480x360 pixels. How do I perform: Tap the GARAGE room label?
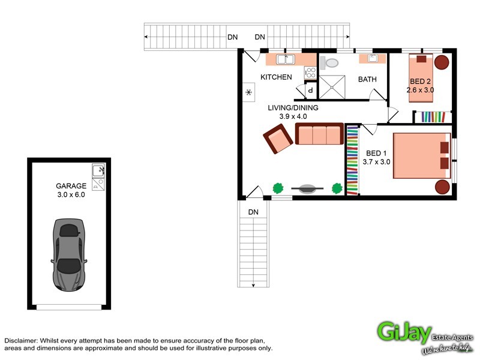click(71, 186)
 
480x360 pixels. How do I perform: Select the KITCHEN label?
click(276, 77)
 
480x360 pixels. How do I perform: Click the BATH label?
click(367, 79)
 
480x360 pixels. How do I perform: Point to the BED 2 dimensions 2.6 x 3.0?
click(420, 90)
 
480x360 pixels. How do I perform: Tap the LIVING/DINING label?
click(293, 108)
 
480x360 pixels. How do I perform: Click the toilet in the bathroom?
click(329, 62)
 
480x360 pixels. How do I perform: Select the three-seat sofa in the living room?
click(319, 134)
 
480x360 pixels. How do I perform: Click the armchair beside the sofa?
click(278, 139)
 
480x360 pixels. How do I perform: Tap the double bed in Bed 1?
click(422, 155)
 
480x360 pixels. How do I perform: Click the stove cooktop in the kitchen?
click(311, 73)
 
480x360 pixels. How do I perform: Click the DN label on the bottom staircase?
click(253, 212)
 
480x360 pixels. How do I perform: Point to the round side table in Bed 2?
click(442, 62)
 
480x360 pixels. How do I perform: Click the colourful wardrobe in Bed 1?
click(352, 160)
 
